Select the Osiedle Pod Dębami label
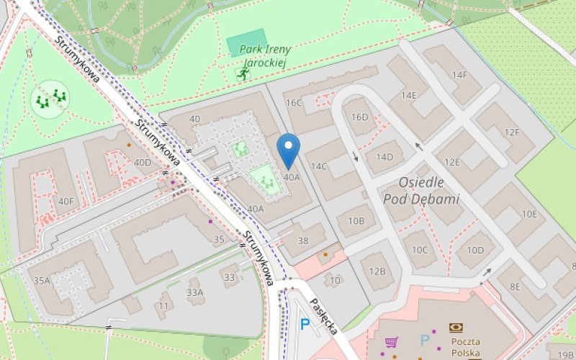click(x=421, y=191)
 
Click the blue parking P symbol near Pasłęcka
click(x=305, y=325)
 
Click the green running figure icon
click(x=243, y=72)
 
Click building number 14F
click(x=459, y=75)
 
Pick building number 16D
click(x=360, y=117)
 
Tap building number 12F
click(x=512, y=132)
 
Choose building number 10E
click(x=530, y=214)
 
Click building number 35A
click(x=42, y=280)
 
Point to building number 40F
click(x=66, y=201)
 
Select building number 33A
click(x=195, y=292)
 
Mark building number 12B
click(x=377, y=271)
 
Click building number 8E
click(x=515, y=286)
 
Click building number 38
click(x=303, y=241)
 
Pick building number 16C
click(x=294, y=103)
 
